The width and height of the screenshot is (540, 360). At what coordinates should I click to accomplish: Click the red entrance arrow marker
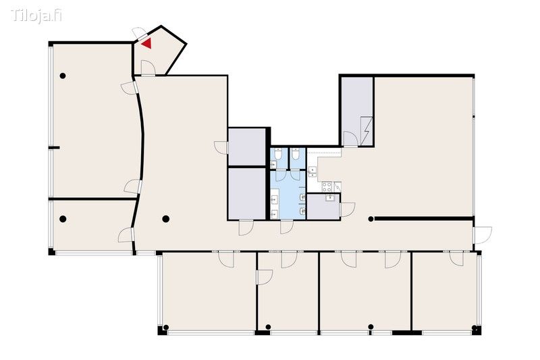click(x=146, y=43)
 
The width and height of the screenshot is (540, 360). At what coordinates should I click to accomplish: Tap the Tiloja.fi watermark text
click(x=36, y=16)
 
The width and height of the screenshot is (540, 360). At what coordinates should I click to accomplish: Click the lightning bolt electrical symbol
click(x=367, y=131)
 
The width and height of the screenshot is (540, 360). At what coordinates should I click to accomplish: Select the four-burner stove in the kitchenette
click(x=327, y=187)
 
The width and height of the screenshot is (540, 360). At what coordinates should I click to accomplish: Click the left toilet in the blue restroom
click(x=278, y=154)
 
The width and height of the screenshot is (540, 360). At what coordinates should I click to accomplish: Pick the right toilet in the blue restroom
click(x=295, y=154)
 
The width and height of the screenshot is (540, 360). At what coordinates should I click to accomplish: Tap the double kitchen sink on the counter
click(x=313, y=172)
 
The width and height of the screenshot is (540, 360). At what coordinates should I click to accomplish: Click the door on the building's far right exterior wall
click(x=483, y=235)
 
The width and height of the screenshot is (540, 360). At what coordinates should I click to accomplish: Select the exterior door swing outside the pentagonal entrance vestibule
click(x=140, y=33)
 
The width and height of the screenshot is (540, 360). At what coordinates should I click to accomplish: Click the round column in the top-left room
click(x=63, y=76)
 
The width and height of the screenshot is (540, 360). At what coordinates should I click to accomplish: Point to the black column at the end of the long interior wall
click(x=371, y=219)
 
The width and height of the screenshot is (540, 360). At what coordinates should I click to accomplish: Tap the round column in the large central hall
click(x=165, y=219)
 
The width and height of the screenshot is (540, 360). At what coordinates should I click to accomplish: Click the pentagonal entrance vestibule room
click(x=159, y=52)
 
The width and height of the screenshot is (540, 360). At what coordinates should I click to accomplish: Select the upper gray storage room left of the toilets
click(x=247, y=147)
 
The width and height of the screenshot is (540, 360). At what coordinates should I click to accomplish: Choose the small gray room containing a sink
click(x=323, y=207)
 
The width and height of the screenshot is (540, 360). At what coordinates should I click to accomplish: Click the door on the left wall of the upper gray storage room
click(x=221, y=147)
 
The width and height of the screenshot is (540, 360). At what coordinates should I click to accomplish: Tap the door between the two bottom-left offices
click(x=265, y=277)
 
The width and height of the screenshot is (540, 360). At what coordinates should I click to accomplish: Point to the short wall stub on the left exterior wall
click(x=54, y=148)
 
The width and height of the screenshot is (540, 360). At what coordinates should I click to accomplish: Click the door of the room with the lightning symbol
click(x=351, y=139)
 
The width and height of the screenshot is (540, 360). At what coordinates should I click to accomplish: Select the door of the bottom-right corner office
click(x=457, y=259)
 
